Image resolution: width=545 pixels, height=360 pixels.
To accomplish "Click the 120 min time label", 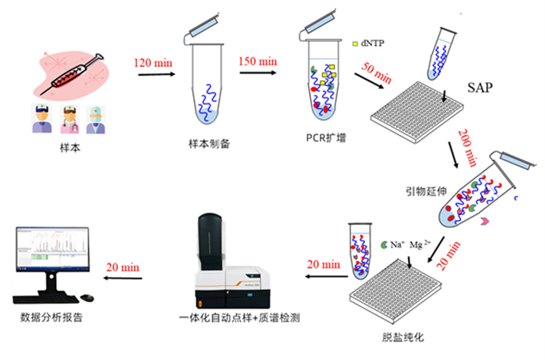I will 153,62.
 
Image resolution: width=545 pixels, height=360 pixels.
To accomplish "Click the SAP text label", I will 480,88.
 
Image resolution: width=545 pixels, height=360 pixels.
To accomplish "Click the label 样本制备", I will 209,145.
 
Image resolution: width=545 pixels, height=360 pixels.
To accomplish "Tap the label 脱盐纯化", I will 403,337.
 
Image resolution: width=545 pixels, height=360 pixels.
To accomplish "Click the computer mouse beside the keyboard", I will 87,297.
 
